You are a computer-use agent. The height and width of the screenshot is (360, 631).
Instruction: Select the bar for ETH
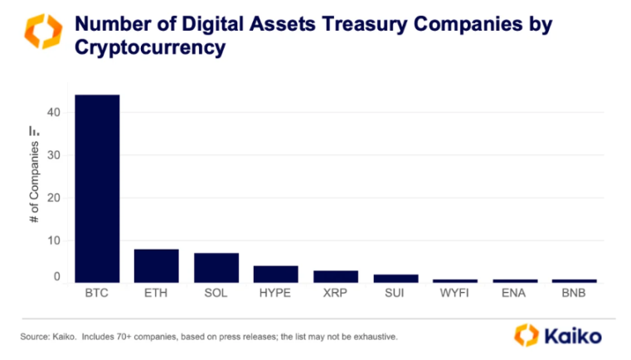pyautogui.click(x=157, y=265)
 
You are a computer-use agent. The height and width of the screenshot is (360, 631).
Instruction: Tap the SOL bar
pyautogui.click(x=216, y=268)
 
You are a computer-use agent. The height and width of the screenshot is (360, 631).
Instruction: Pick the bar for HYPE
pyautogui.click(x=276, y=274)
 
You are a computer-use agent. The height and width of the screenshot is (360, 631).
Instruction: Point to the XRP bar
pyautogui.click(x=336, y=276)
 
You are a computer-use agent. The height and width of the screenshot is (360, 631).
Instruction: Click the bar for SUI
pyautogui.click(x=396, y=278)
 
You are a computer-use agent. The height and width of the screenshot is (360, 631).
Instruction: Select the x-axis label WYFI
pyautogui.click(x=455, y=294)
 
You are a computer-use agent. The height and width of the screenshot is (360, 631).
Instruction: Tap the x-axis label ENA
pyautogui.click(x=515, y=294)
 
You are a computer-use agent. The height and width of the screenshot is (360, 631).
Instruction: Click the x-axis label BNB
pyautogui.click(x=575, y=294)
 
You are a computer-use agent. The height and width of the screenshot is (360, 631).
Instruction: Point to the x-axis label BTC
pyautogui.click(x=97, y=294)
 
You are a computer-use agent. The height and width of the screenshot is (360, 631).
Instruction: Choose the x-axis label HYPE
pyautogui.click(x=276, y=294)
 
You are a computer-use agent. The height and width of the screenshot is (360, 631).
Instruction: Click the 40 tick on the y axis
pyautogui.click(x=56, y=113)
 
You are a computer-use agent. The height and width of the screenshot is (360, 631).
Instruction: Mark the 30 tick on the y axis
pyautogui.click(x=56, y=155)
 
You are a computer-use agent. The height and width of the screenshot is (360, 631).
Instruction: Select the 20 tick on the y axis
pyautogui.click(x=56, y=198)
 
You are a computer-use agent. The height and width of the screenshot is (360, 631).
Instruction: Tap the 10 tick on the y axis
pyautogui.click(x=56, y=241)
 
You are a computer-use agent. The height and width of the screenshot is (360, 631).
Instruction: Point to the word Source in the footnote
pyautogui.click(x=32, y=337)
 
